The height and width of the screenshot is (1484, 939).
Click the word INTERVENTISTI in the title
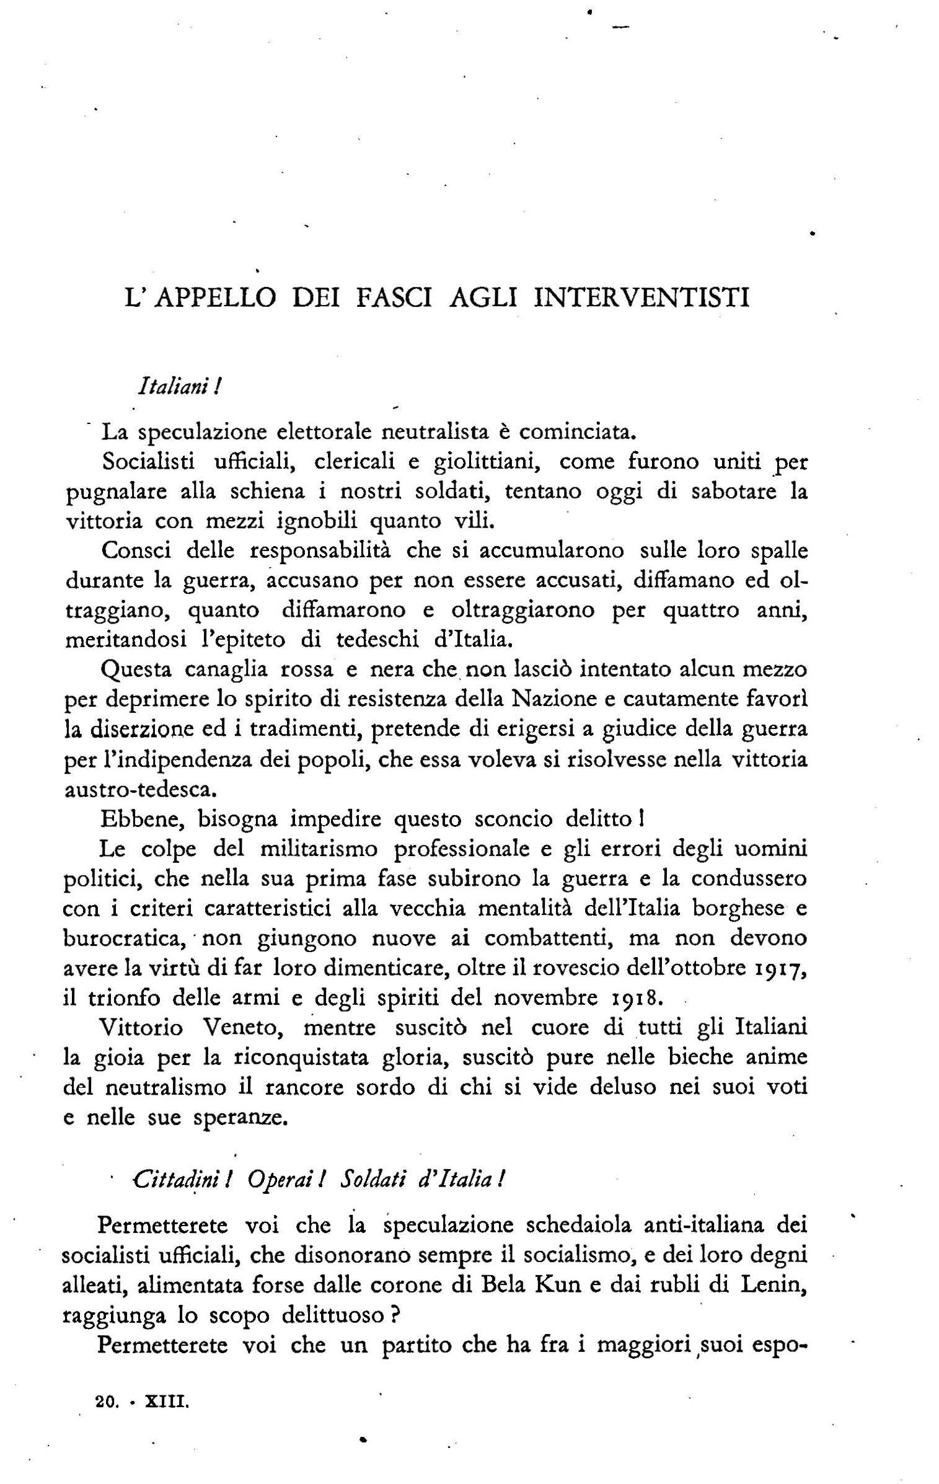pyautogui.click(x=641, y=298)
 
